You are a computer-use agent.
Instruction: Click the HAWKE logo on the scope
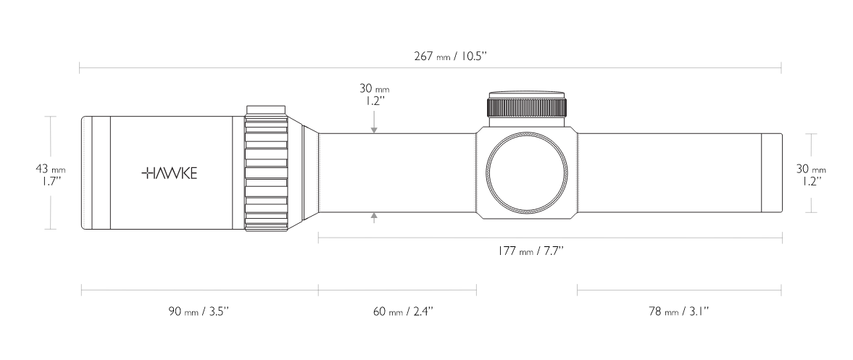pyautogui.click(x=169, y=173)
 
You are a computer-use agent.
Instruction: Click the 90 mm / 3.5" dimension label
pyautogui.click(x=198, y=311)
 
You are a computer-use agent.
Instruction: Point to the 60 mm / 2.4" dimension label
pyautogui.click(x=403, y=311)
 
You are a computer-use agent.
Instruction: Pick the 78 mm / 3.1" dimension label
pyautogui.click(x=679, y=311)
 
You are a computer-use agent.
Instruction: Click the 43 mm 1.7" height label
pyautogui.click(x=51, y=175)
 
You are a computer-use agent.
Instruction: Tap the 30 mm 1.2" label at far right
pyautogui.click(x=811, y=175)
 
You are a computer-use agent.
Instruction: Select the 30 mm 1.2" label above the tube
pyautogui.click(x=374, y=95)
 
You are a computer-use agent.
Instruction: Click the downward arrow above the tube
pyautogui.click(x=374, y=122)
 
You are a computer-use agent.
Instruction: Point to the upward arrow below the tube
pyautogui.click(x=374, y=219)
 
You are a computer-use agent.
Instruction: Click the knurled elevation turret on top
pyautogui.click(x=527, y=104)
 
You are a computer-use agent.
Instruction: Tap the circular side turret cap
pyautogui.click(x=527, y=172)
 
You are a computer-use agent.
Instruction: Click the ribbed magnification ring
pyautogui.click(x=266, y=168)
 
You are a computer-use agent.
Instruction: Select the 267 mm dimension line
pyautogui.click(x=430, y=68)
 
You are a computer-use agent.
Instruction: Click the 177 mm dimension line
pyautogui.click(x=550, y=238)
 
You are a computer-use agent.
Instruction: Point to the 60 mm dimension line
pyautogui.click(x=398, y=290)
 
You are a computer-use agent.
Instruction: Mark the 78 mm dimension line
pyautogui.click(x=680, y=290)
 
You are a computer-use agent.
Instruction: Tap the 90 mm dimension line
pyautogui.click(x=199, y=290)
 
